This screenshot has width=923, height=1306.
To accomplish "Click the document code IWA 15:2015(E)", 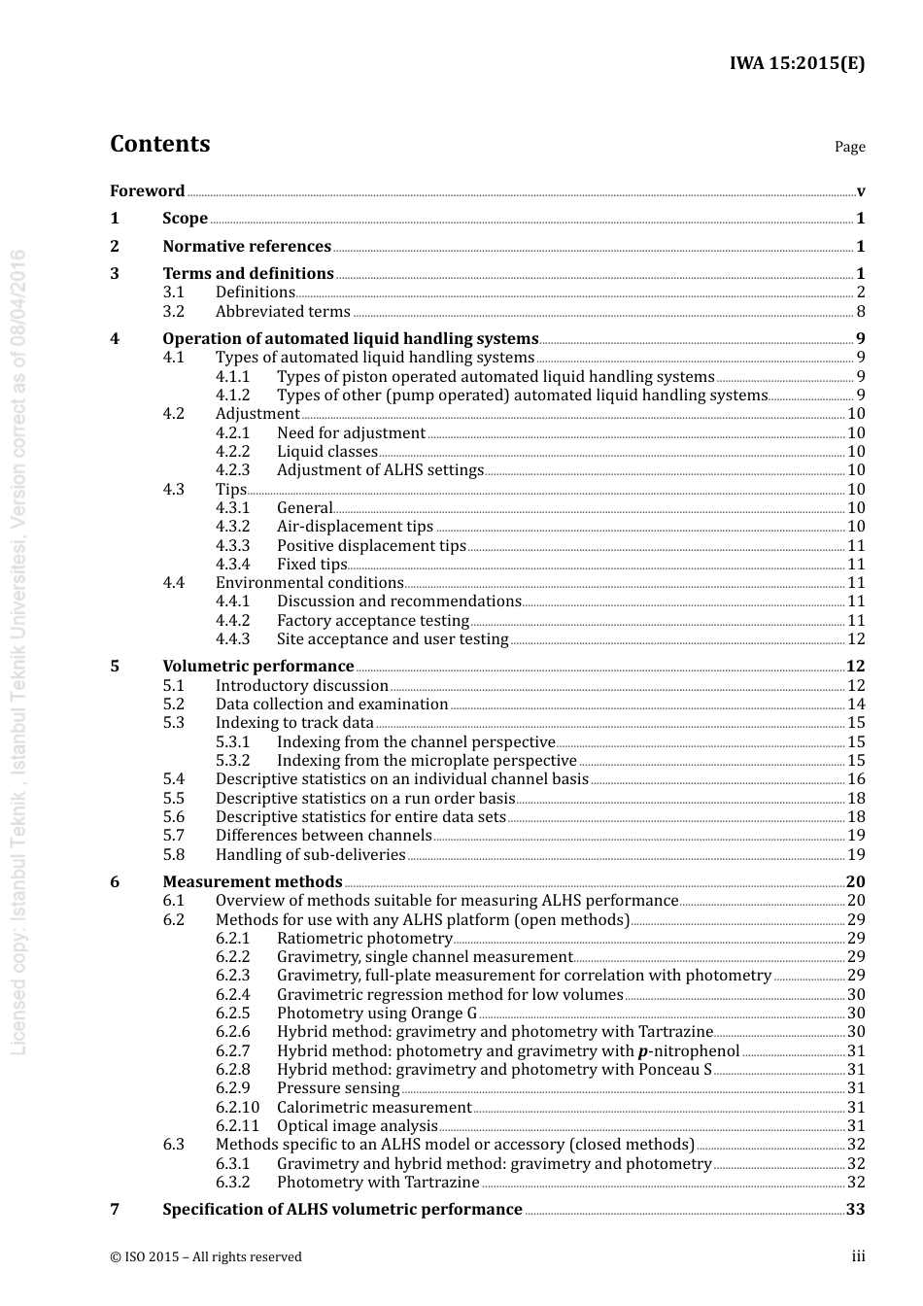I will coord(797,63).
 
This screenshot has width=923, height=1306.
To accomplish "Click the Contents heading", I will coord(159,144).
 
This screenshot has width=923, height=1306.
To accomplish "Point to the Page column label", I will coord(849,147).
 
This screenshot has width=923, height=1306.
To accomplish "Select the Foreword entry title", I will coord(147,190).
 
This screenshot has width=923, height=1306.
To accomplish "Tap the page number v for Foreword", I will coord(860,191).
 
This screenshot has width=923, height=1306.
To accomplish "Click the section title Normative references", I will coord(247,246).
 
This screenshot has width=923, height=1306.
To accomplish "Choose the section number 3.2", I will coord(174,311).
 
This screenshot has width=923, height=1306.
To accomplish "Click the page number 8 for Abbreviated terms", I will coord(860,311).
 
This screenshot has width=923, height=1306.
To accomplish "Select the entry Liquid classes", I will coord(326,451).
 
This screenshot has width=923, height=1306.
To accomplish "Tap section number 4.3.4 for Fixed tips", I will coord(232,564).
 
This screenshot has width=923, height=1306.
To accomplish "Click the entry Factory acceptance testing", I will coord(372,620).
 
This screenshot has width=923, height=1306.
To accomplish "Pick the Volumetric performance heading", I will coord(257,666).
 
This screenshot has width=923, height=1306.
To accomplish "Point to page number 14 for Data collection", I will coord(856,704).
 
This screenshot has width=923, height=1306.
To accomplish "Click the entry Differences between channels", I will coord(324,835).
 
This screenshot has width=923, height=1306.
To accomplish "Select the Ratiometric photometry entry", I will coord(364,938).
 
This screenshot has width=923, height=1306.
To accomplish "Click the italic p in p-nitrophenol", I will coord(642,1051).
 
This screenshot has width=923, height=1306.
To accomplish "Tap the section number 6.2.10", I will coord(237,1107).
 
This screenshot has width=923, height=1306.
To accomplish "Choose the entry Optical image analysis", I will coord(357,1125).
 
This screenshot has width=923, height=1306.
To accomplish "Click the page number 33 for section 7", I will coord(855,1209).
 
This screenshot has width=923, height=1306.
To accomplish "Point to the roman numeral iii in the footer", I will coord(858,1256).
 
